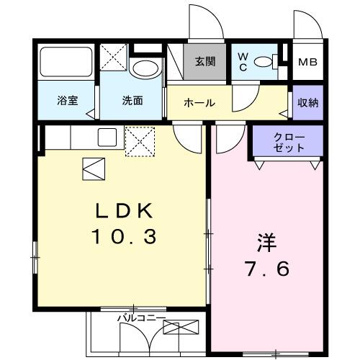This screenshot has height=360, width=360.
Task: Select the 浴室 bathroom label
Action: pos(68,102)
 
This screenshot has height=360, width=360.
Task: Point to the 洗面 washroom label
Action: pos(131,102)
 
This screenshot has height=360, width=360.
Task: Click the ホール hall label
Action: pos(199,103)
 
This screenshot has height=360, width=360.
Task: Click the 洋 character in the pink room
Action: pos(266,242)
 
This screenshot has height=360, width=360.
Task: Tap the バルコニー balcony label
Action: pos(142,317)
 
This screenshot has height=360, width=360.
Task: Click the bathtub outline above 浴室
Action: pos(66,63)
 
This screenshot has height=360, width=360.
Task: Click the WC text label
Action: pos(243,62)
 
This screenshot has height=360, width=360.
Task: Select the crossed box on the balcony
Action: pos(180,329)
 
